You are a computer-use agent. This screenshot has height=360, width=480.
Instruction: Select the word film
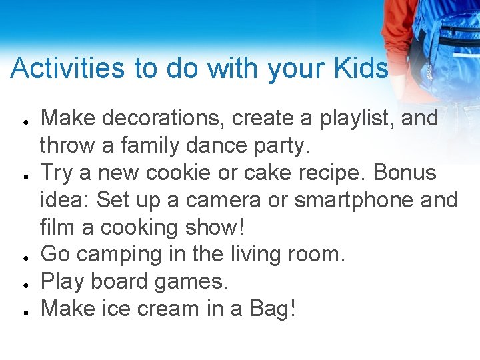click(57, 227)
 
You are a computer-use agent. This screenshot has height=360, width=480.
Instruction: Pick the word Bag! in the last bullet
click(273, 309)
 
